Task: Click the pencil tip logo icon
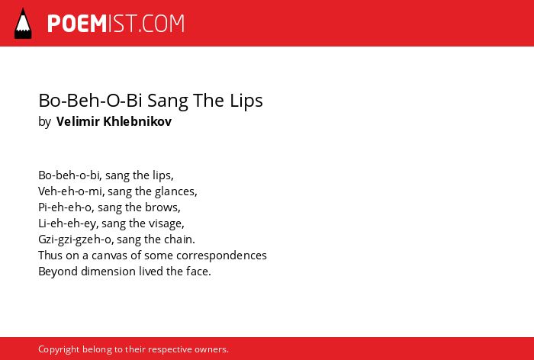(23, 23)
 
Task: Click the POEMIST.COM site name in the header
(116, 24)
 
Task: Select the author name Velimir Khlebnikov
(114, 121)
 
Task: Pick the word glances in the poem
(175, 191)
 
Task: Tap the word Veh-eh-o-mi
(71, 191)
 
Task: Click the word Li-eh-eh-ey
(68, 223)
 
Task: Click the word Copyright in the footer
(59, 349)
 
